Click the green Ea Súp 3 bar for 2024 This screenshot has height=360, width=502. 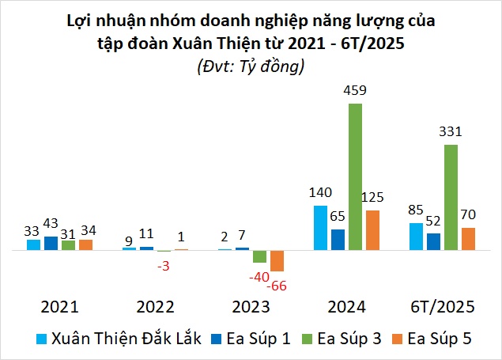(355, 176)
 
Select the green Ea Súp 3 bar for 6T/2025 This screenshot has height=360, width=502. (451, 197)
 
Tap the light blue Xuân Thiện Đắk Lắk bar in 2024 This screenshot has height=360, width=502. (320, 228)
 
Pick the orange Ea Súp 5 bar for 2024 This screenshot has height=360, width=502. (372, 230)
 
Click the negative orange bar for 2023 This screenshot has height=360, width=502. (277, 260)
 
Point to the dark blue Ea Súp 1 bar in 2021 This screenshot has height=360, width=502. (51, 243)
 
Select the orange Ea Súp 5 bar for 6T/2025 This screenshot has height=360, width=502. (468, 238)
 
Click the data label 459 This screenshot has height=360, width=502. (356, 91)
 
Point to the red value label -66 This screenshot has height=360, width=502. (277, 285)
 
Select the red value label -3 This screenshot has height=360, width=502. (163, 265)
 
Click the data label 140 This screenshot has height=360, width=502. (320, 192)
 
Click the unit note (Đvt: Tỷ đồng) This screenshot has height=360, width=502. (251, 67)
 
